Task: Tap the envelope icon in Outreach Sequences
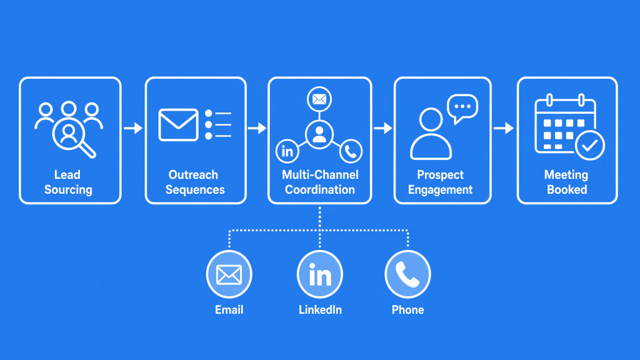pos(178,124)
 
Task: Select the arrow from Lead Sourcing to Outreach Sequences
pos(132,128)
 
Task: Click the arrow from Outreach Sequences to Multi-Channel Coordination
pos(257,128)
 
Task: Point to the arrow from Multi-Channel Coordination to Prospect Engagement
pos(382,128)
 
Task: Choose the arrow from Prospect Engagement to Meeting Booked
pos(504,128)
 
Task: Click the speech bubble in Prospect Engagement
pos(462,107)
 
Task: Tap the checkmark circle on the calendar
pos(589,146)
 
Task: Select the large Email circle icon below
pos(229,274)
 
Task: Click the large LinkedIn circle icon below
pos(319,274)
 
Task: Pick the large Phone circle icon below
pos(407,274)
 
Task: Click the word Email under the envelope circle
pos(229,310)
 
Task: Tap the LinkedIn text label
pos(320,310)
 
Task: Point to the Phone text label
pos(407,310)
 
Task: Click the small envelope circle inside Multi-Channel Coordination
pos(319,99)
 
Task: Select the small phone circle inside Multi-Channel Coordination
pos(351,151)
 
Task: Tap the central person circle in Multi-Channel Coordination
pos(319,134)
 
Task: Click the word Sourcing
pos(68,189)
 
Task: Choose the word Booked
pos(567,189)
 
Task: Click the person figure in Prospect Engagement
pos(431,134)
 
